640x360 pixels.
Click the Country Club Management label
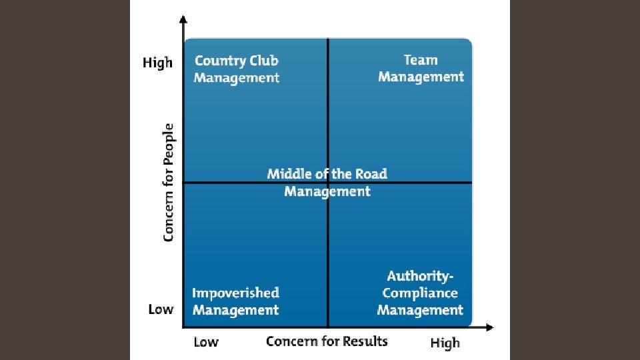click(x=237, y=69)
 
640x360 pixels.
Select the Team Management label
click(x=421, y=68)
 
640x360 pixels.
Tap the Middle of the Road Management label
click(x=327, y=183)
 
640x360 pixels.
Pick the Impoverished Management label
click(x=235, y=301)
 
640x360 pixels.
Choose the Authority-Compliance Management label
click(x=420, y=293)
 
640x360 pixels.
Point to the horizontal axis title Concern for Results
click(x=327, y=341)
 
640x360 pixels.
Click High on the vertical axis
click(x=157, y=63)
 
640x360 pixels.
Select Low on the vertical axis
click(x=161, y=309)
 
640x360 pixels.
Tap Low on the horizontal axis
click(x=206, y=343)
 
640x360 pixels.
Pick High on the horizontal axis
click(x=445, y=343)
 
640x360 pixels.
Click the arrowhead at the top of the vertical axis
click(x=183, y=21)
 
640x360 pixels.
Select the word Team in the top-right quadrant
click(x=421, y=59)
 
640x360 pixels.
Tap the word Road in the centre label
click(x=371, y=174)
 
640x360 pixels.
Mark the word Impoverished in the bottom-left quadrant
click(x=235, y=293)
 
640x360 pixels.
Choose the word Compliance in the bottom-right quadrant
click(x=420, y=293)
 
